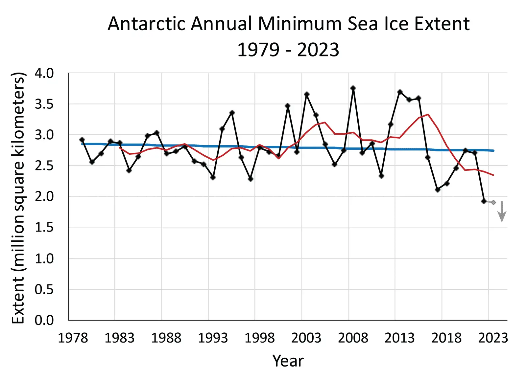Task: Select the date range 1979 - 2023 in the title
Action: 288,50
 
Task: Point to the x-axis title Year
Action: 288,361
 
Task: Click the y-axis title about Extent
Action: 18,198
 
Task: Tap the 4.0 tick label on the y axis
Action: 44,74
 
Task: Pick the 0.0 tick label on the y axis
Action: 44,320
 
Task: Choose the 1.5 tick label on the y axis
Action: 44,227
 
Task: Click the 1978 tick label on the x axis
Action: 73,338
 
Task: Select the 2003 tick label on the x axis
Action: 306,338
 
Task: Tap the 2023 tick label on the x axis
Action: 493,338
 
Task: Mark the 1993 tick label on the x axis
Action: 213,338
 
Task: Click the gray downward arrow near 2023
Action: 502,212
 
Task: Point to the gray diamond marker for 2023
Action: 493,202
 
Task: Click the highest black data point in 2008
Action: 353,88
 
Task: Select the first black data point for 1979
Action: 82,140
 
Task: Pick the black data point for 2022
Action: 484,201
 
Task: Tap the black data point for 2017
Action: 437,190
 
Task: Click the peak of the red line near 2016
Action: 428,114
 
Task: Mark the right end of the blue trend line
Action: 493,150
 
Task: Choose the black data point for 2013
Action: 400,92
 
